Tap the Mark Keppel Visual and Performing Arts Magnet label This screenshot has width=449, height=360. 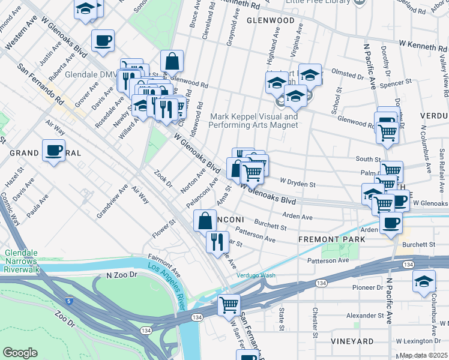click(253, 121)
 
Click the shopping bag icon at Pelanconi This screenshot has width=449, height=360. click(205, 220)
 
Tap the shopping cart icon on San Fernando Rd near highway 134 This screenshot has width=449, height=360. click(228, 305)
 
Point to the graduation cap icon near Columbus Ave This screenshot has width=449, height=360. click(424, 281)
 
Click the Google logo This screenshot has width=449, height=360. click(20, 352)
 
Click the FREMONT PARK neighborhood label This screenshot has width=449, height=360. click(332, 239)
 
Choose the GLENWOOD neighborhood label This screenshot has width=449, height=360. click(271, 20)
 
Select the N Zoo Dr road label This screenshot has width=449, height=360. click(122, 275)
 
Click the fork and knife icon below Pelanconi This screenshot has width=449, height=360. click(217, 241)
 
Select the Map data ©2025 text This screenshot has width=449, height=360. click(424, 355)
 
